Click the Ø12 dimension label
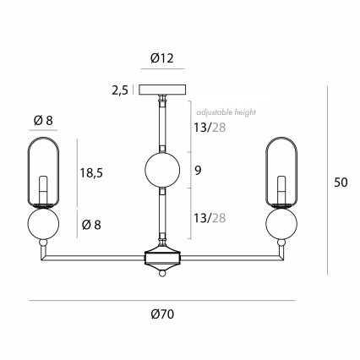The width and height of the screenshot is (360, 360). click(x=162, y=58)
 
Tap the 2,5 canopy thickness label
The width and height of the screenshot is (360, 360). click(x=120, y=90)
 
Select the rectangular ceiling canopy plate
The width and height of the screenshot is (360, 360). click(x=162, y=90)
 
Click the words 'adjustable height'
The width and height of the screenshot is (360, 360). click(x=226, y=112)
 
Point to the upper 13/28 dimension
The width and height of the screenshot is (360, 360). click(x=210, y=128)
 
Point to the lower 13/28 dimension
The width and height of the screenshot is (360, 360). click(x=210, y=218)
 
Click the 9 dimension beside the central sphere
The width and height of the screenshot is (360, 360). click(x=198, y=171)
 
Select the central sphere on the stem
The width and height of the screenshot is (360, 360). click(x=162, y=170)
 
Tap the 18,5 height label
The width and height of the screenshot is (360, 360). click(x=91, y=172)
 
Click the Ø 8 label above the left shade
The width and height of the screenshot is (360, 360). click(x=43, y=121)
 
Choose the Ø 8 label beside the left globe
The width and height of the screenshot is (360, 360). click(x=91, y=225)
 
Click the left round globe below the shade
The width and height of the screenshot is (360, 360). click(x=43, y=223)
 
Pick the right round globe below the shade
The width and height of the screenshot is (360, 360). click(x=281, y=223)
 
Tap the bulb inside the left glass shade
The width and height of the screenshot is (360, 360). click(x=43, y=190)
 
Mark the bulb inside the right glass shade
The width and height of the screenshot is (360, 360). click(x=281, y=190)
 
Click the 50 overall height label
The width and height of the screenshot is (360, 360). click(x=341, y=183)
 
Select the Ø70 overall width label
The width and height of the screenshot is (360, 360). click(x=162, y=314)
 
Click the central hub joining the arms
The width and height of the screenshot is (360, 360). click(x=162, y=258)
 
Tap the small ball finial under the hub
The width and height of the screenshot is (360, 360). click(x=162, y=274)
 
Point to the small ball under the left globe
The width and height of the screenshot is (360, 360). click(x=43, y=243)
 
